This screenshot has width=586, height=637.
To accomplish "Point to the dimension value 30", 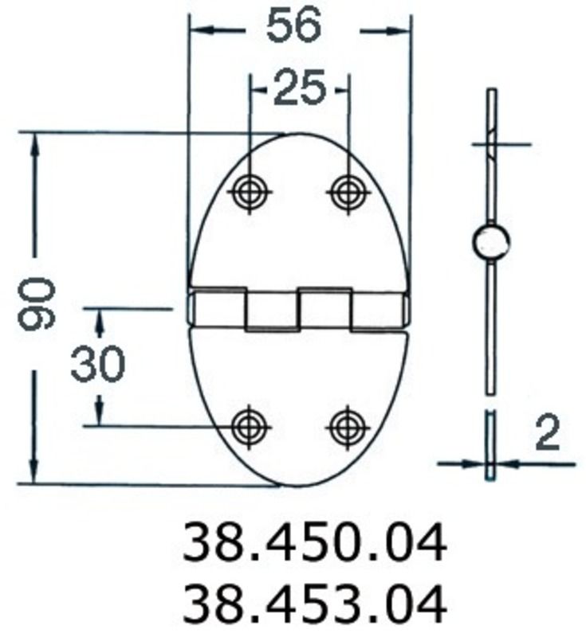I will (x=98, y=365).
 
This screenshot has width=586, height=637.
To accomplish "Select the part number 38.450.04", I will (x=314, y=545).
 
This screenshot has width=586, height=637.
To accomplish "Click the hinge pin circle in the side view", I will (x=491, y=243).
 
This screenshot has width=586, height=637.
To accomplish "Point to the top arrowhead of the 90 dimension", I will (x=34, y=143).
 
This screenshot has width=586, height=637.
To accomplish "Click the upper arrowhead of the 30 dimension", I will (x=99, y=318).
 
